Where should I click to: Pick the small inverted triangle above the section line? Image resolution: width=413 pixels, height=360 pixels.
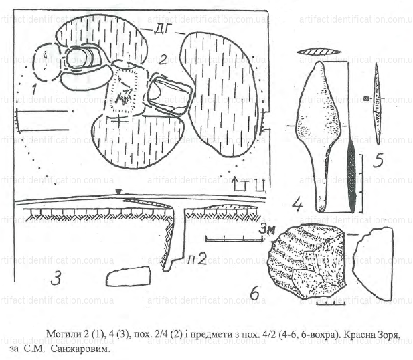click(x=118, y=193)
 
